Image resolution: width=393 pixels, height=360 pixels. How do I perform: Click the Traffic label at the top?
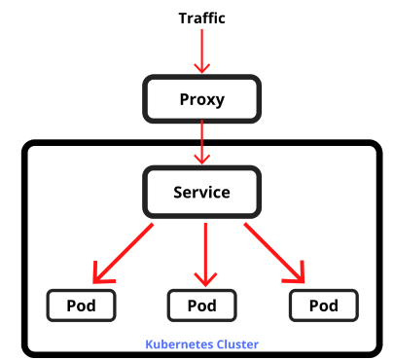(202, 18)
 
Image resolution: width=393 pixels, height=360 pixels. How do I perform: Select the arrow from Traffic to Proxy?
(202, 49)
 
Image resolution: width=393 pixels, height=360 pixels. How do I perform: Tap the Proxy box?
(202, 99)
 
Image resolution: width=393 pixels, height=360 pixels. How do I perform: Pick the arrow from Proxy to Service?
(202, 141)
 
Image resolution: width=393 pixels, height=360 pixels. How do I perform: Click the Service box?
(202, 192)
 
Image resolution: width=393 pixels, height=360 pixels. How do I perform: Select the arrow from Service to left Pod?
(125, 250)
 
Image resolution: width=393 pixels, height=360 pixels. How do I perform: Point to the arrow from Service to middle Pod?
(204, 251)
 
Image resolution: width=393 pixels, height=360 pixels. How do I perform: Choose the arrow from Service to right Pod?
(275, 251)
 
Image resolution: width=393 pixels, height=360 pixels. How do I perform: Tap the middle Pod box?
(201, 306)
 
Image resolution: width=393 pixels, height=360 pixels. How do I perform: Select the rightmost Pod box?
(323, 306)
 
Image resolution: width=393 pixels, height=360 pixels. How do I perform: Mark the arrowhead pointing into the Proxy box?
(202, 68)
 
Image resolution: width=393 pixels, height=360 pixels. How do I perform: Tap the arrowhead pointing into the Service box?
(202, 159)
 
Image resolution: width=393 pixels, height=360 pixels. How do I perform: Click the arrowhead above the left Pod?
(99, 273)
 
